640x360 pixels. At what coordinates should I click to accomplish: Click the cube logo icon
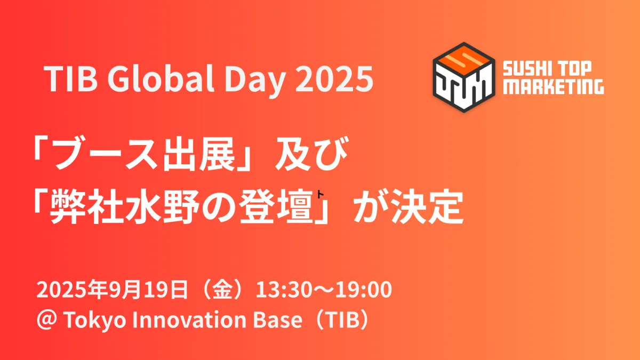(464, 77)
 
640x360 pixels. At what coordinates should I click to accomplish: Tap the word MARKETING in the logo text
(554, 87)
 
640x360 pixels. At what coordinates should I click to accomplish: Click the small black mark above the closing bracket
(320, 194)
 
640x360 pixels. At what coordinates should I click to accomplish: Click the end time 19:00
(364, 290)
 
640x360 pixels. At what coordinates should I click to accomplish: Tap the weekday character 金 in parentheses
(221, 290)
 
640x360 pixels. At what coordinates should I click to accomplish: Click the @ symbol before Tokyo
(47, 319)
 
